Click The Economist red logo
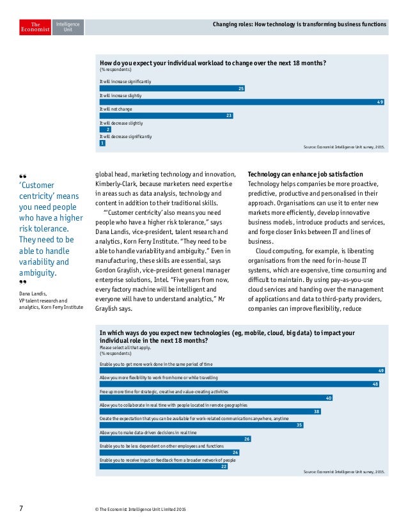[34, 26]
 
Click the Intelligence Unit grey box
[67, 26]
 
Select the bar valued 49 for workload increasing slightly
[242, 102]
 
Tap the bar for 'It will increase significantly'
[172, 88]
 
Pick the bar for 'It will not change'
[166, 116]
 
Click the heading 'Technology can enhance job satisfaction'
[305, 175]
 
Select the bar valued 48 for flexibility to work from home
[240, 384]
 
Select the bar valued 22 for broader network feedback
[164, 466]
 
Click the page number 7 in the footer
[20, 508]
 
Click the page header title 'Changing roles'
[299, 26]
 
